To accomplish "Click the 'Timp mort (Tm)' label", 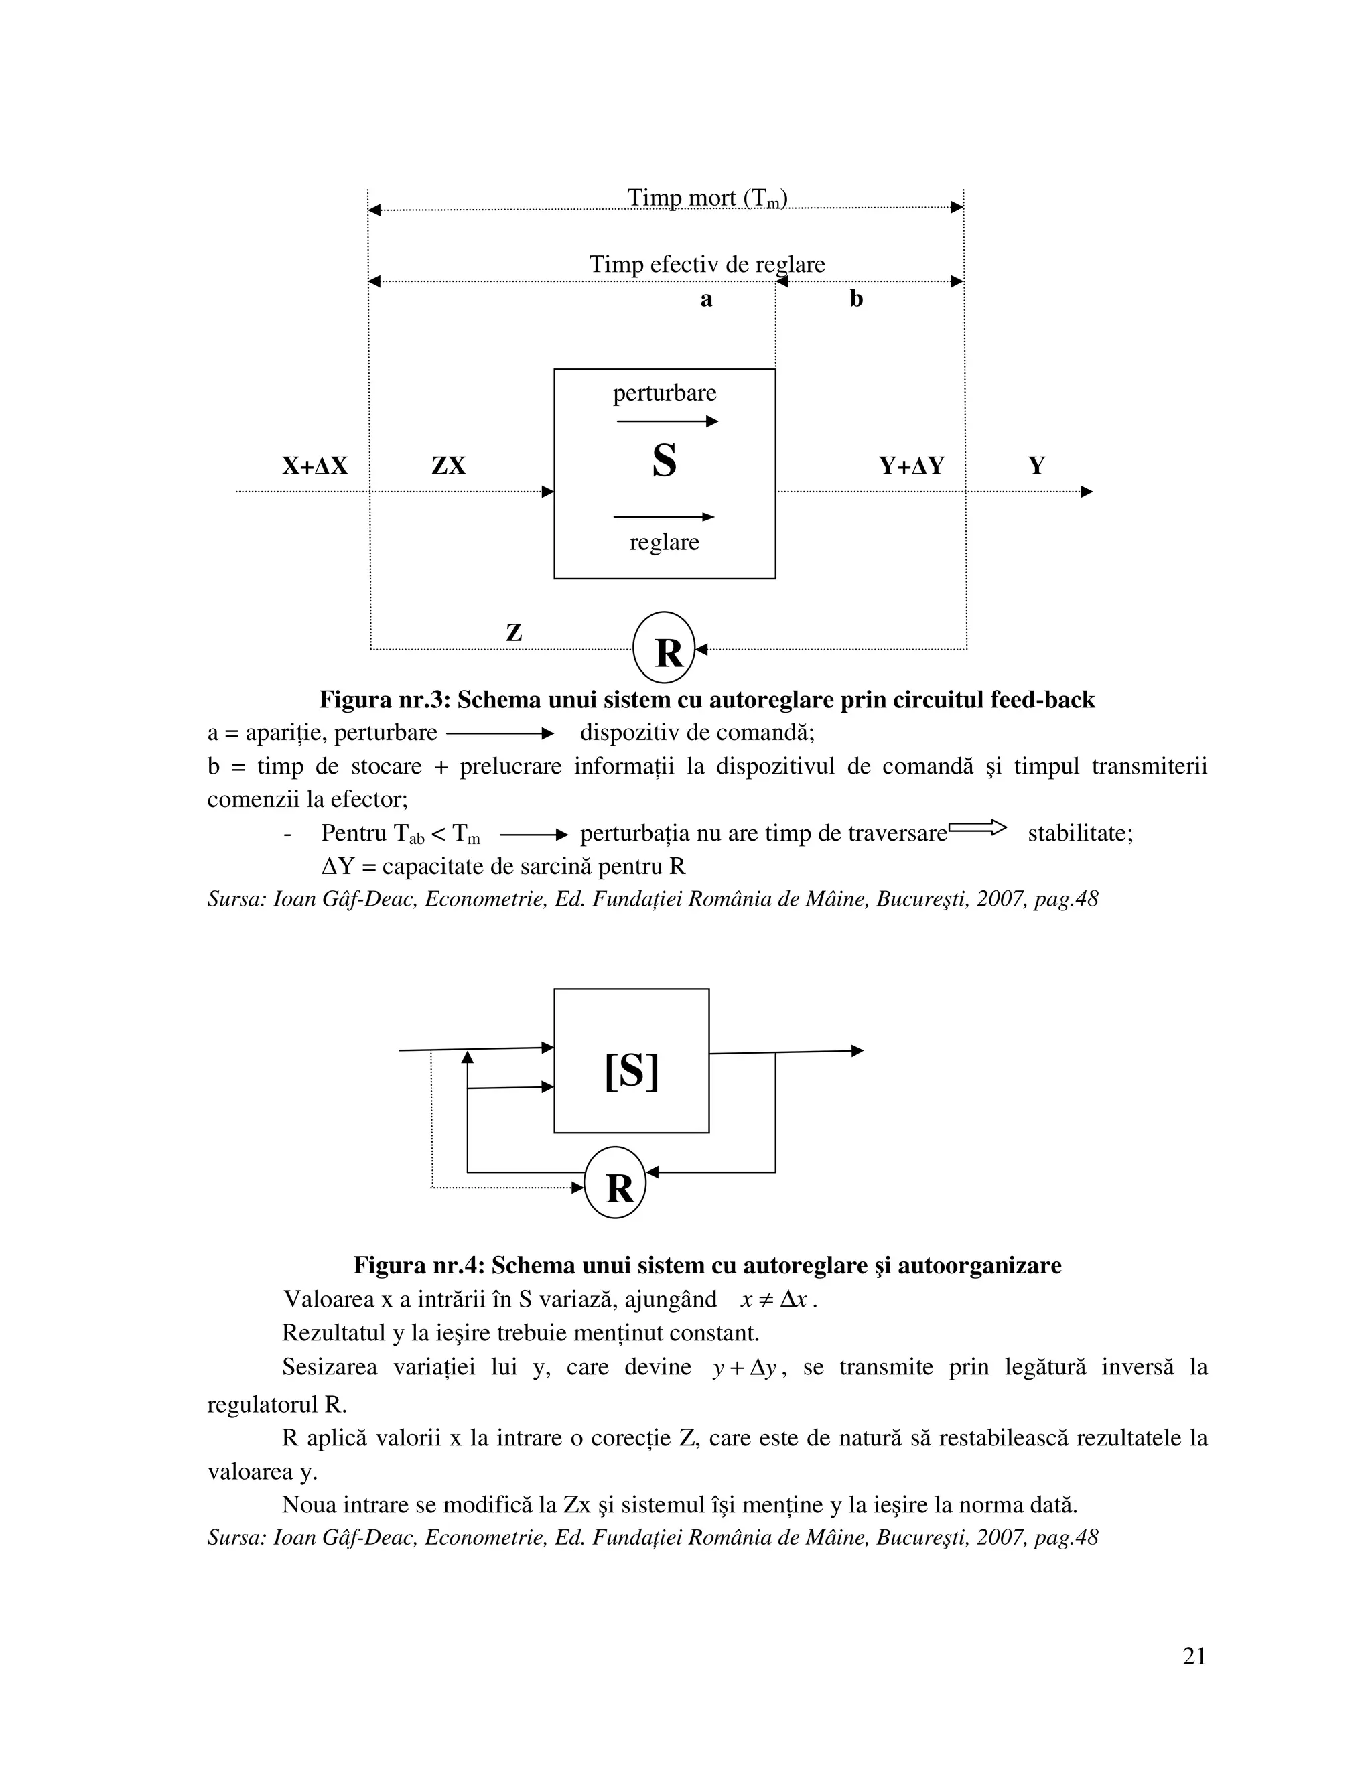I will tap(706, 198).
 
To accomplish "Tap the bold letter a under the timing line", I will tap(706, 299).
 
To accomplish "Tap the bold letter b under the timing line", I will tap(856, 299).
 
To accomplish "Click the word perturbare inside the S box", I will tap(664, 393).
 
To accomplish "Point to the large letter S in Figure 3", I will tap(664, 461).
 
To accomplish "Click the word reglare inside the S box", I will tap(664, 542).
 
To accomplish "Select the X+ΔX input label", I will tap(315, 466).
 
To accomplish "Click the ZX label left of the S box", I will tap(448, 466).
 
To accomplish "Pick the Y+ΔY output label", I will tap(911, 466).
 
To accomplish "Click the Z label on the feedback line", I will tap(514, 632).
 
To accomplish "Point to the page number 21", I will tap(1194, 1656).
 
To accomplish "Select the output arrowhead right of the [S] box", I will tap(857, 1051).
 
